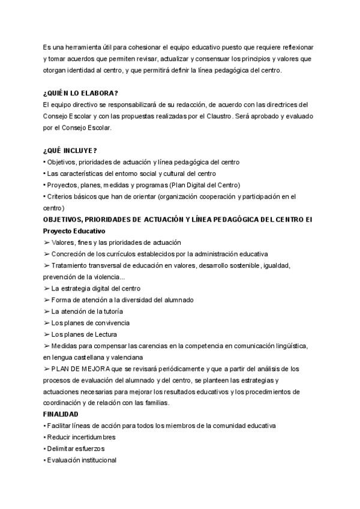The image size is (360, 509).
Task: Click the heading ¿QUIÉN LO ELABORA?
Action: coord(80,93)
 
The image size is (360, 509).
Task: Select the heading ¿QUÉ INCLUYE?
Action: coord(71,150)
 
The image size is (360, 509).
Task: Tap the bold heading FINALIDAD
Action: coord(61,414)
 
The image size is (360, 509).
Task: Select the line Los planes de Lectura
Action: coord(79,334)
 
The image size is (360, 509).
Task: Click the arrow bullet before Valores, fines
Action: coord(46,242)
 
